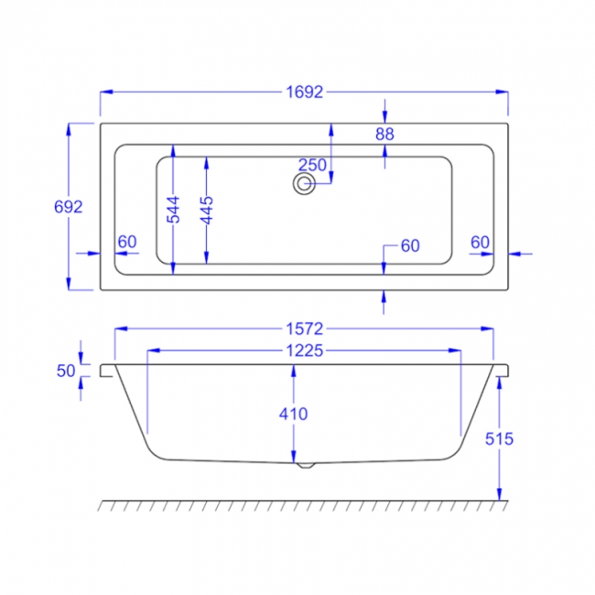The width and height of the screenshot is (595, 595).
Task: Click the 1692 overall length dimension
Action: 304,92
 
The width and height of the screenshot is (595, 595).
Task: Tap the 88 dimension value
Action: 384,135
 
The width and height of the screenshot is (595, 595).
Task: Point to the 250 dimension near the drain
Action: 312,165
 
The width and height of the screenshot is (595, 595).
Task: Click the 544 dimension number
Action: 174,210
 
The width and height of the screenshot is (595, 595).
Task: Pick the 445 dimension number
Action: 207,210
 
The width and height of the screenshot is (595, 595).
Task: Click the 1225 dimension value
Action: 304,351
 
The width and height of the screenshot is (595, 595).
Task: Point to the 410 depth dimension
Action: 294,414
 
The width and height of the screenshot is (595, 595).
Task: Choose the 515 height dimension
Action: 500,438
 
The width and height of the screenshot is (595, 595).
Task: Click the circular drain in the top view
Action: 303,184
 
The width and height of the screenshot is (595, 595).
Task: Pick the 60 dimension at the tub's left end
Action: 127,242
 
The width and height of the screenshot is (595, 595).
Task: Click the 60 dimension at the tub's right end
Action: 480,242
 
